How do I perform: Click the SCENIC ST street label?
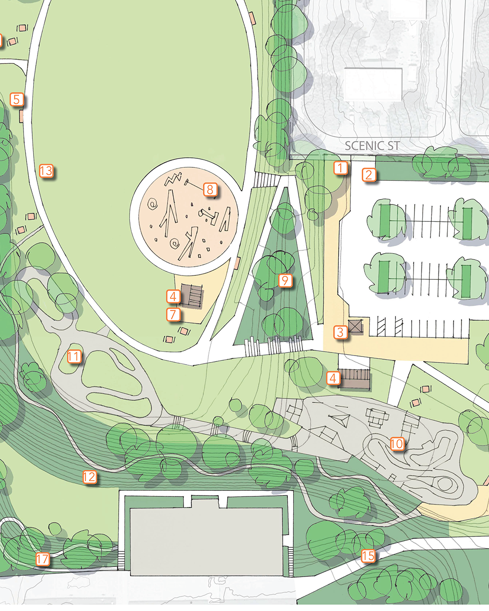point(372,146)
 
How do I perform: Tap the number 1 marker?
point(341,167)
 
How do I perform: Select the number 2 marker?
point(369,175)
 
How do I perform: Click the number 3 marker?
point(340,333)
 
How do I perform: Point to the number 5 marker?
point(17,99)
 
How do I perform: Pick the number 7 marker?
point(174,314)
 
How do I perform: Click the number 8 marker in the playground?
point(210,190)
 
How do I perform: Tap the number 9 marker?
point(285,280)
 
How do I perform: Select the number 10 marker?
point(397,444)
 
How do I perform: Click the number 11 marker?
point(74,356)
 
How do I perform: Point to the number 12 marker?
point(89,477)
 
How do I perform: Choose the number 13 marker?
point(46,171)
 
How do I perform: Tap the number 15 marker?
point(368,556)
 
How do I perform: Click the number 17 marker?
point(43,559)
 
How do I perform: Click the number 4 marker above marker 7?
point(173,296)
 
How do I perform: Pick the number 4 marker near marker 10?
point(333,378)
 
